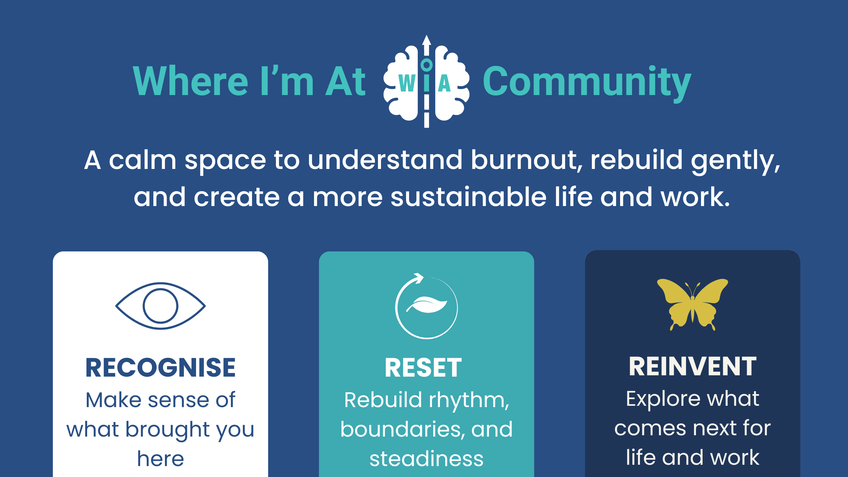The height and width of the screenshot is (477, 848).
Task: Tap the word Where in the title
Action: [190, 81]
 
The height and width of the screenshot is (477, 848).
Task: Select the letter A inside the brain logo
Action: [444, 83]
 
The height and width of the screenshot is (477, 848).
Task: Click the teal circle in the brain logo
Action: [427, 65]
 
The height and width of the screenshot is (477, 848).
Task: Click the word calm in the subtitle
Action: [142, 160]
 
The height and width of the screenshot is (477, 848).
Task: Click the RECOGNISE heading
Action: [160, 368]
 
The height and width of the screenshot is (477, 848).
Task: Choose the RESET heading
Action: [423, 368]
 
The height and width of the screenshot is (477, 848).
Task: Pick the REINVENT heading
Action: [692, 367]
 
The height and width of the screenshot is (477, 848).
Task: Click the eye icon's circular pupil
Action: [161, 306]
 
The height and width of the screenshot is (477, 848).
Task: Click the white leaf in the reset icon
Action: [427, 305]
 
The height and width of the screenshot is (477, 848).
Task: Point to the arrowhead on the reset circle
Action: [419, 278]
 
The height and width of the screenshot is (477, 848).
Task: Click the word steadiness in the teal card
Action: [426, 459]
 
